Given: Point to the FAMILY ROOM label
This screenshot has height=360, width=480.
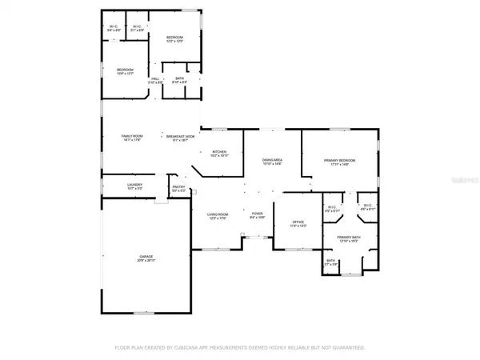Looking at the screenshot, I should [131, 136].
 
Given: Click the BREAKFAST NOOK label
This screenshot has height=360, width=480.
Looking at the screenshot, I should [181, 136].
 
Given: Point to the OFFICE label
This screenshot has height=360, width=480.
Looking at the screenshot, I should [298, 222].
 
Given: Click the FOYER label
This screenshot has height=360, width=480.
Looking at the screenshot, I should [258, 214].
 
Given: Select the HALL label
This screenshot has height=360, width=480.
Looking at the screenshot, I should [155, 78].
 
